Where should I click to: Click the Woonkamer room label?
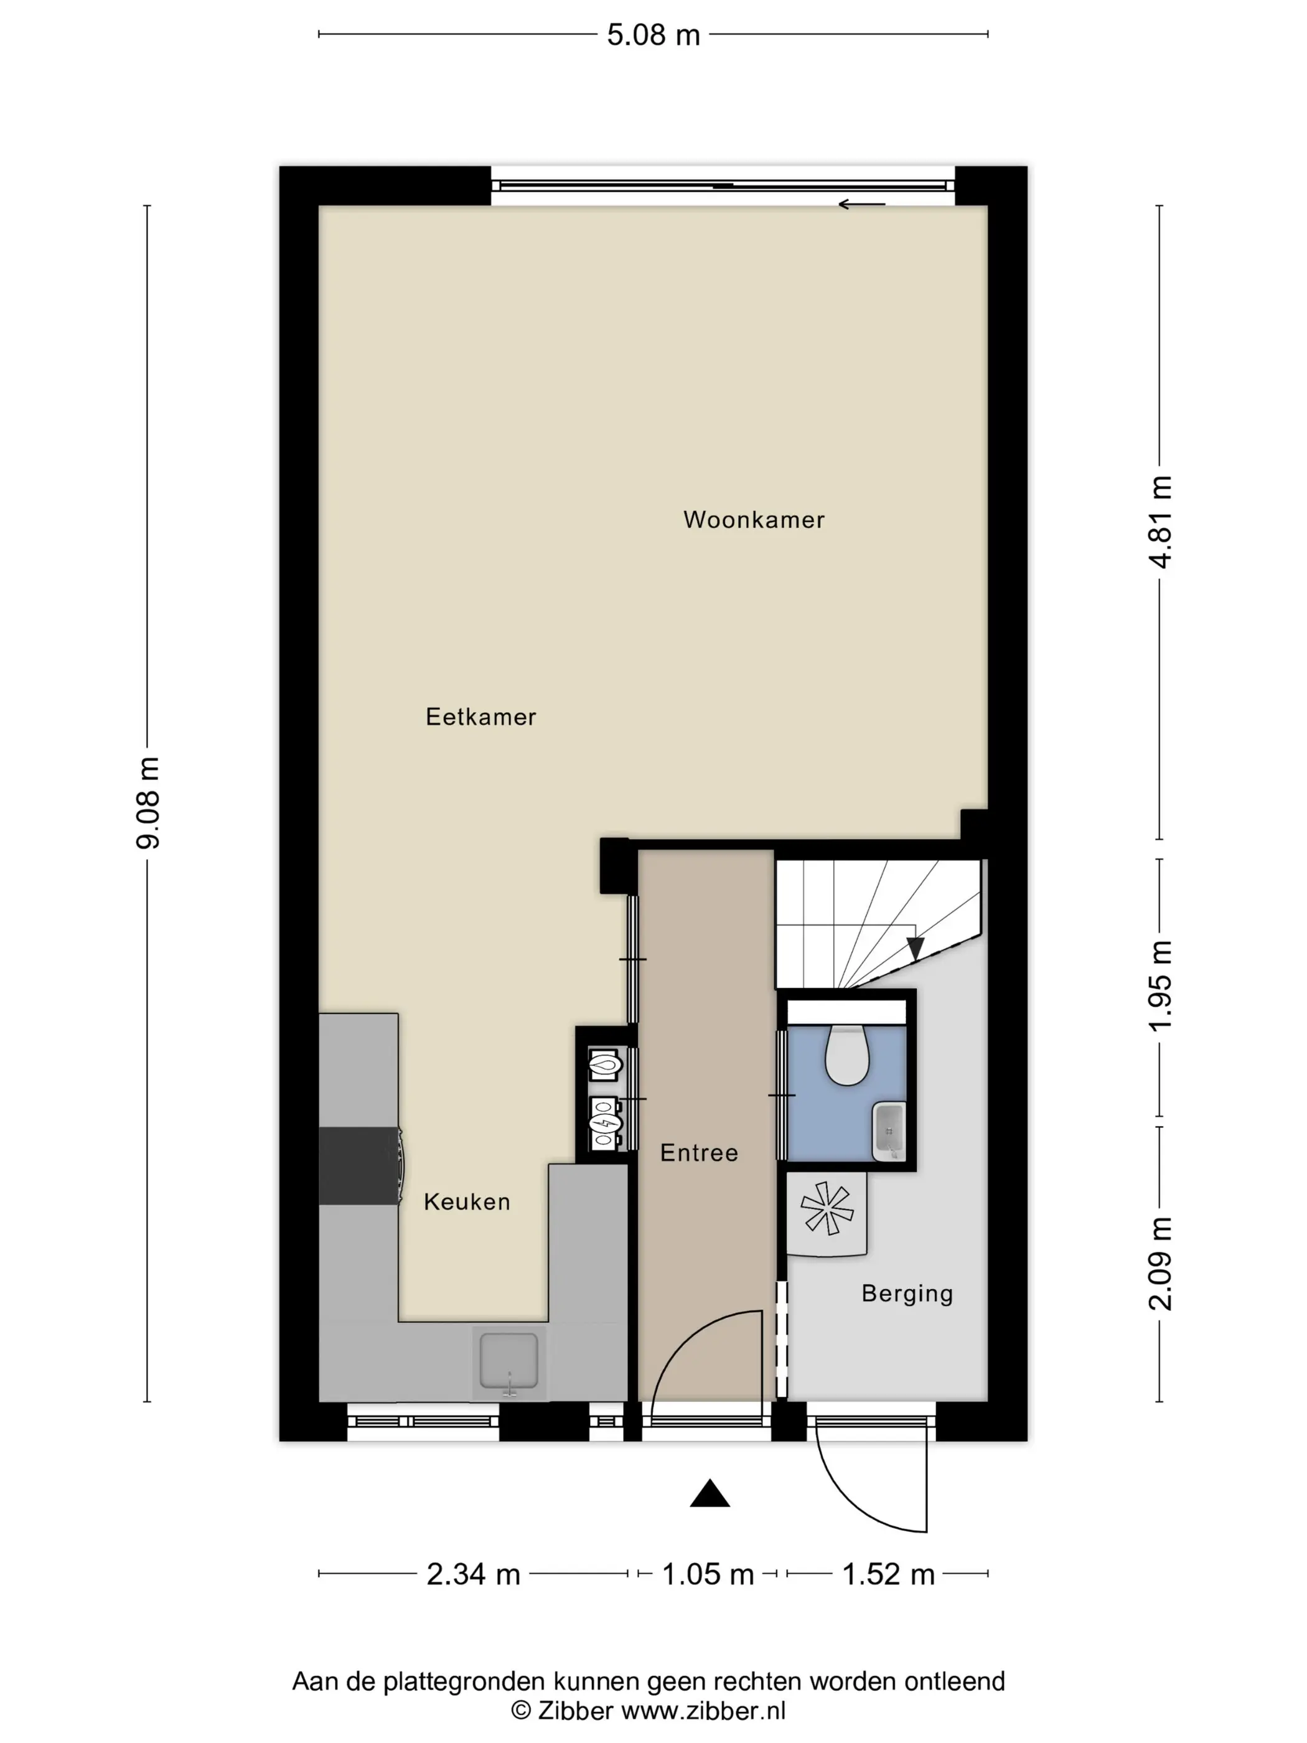point(753,519)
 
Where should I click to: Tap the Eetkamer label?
point(480,716)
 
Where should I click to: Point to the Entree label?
point(699,1153)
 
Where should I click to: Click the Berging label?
point(907,1294)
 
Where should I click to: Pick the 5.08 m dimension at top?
point(653,35)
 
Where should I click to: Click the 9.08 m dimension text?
point(148,802)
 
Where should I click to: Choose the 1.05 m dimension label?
point(708,1574)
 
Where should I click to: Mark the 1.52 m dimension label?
point(888,1574)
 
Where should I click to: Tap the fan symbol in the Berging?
point(827,1208)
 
